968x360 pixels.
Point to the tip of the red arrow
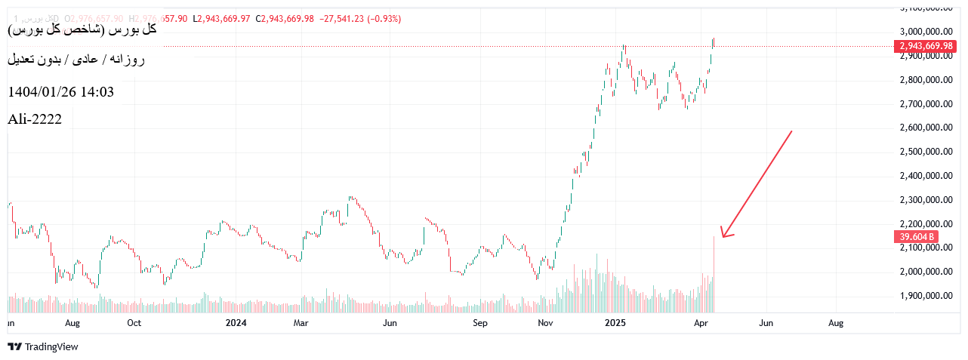coord(722,237)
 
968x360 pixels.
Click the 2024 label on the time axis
coord(236,323)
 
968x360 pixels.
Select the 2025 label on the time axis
coord(616,323)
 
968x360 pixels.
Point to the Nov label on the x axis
coord(546,323)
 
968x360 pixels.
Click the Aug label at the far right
coord(836,323)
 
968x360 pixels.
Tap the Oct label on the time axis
coord(134,323)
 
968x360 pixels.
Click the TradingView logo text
coord(51,347)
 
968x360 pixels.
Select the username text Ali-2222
coord(35,118)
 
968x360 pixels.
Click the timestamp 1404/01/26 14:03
coord(60,92)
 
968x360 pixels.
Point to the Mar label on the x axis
coord(301,323)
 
